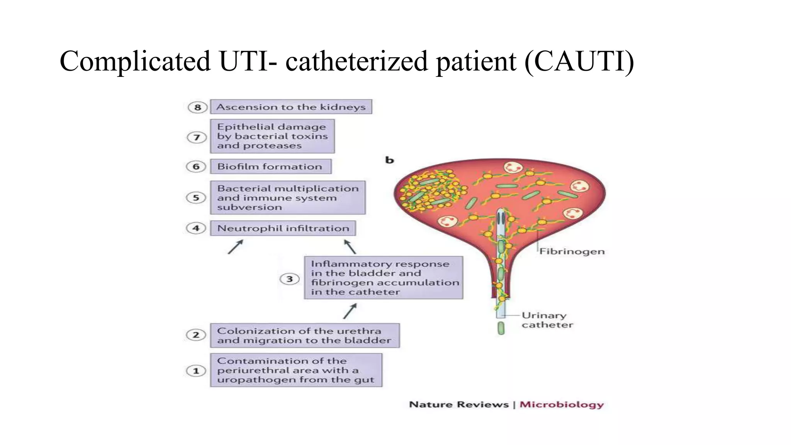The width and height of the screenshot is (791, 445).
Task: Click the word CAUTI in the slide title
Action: pos(579,61)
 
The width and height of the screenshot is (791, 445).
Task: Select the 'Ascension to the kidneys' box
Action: pos(291,107)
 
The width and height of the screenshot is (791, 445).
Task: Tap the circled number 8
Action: pos(197,107)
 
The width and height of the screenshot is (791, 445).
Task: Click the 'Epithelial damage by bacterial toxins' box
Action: pos(272,136)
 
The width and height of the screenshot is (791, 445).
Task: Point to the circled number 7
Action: pos(197,137)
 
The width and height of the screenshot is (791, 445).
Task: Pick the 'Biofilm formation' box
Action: pos(270,166)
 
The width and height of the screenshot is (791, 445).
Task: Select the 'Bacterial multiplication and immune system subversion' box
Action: pos(287,197)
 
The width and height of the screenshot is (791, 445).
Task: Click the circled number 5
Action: pos(196,197)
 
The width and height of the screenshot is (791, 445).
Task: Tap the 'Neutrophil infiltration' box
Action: pos(283,228)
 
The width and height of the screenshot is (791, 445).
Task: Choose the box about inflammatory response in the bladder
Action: pos(384,277)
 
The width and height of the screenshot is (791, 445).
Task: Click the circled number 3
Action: pos(289,279)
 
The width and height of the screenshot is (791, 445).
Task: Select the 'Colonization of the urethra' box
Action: pos(304,335)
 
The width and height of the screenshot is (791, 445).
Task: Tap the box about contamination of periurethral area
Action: pos(296,370)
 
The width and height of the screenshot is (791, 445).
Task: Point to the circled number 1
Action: pos(196,371)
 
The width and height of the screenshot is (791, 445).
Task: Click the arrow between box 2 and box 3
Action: pos(350,311)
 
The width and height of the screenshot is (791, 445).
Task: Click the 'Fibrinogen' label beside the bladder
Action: pos(572,251)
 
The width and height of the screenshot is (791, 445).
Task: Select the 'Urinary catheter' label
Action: pos(547,320)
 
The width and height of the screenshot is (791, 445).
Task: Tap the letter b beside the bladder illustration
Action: pos(389,160)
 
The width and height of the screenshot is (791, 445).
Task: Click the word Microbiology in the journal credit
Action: pos(561,404)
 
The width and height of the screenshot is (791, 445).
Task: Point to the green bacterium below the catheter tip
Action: pos(501,328)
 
